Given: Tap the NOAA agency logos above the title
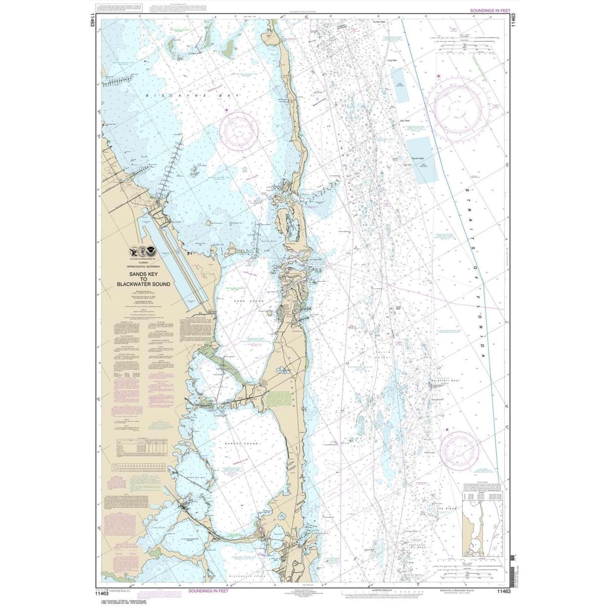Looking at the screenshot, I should pos(143,251).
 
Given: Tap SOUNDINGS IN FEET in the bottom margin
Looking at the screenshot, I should pos(208,590).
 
